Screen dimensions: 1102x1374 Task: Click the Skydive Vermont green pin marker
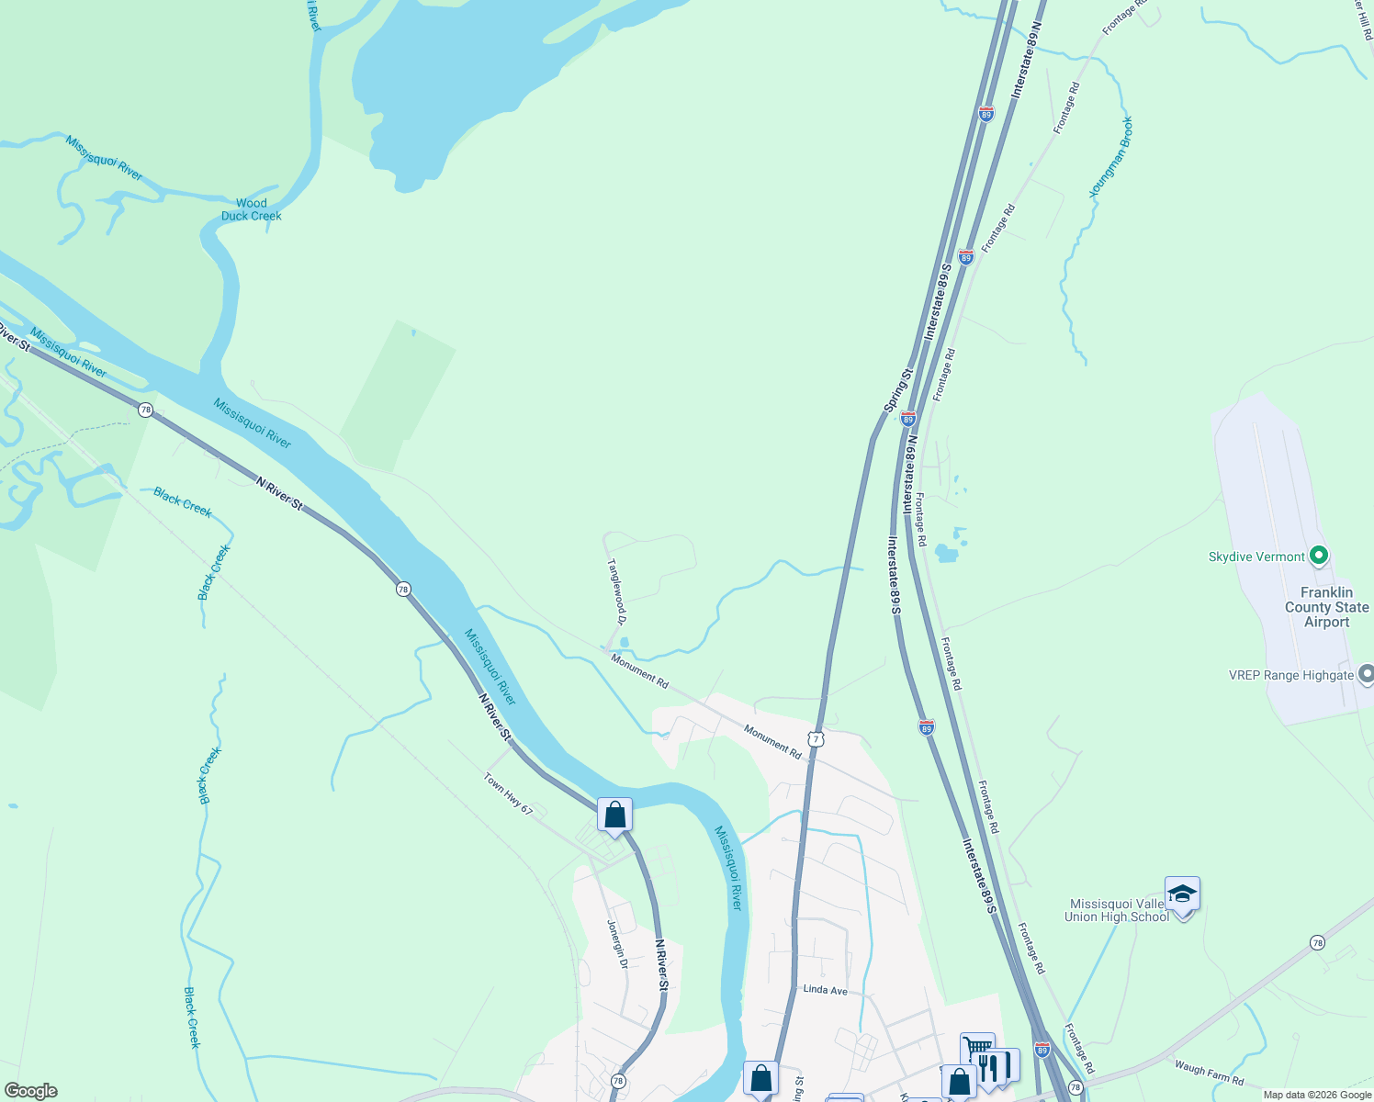pyautogui.click(x=1319, y=556)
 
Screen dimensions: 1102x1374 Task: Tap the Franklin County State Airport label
pyautogui.click(x=1326, y=607)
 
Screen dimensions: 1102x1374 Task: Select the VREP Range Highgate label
pyautogui.click(x=1290, y=676)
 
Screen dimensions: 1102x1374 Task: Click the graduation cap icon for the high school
pyautogui.click(x=1182, y=894)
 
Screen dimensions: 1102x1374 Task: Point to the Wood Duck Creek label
pyautogui.click(x=251, y=209)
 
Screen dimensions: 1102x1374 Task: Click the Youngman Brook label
pyautogui.click(x=1110, y=157)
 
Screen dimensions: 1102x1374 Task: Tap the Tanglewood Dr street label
pyautogui.click(x=616, y=592)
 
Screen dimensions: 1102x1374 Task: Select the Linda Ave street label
pyautogui.click(x=825, y=990)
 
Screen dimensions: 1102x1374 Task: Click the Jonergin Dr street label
pyautogui.click(x=618, y=945)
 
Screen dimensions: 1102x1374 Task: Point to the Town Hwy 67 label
pyautogui.click(x=508, y=793)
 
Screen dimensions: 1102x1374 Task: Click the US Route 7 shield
pyautogui.click(x=817, y=738)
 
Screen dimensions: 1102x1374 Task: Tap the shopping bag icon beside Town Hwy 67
pyautogui.click(x=614, y=815)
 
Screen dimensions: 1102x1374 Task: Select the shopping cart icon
pyautogui.click(x=977, y=1049)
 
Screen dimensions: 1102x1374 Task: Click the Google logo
pyautogui.click(x=30, y=1091)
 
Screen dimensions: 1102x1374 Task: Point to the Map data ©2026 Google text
pyautogui.click(x=1316, y=1095)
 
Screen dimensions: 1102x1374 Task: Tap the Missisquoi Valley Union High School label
pyautogui.click(x=1116, y=910)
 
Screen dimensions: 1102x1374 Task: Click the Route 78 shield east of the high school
pyautogui.click(x=1318, y=943)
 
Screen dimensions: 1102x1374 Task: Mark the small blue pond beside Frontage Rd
pyautogui.click(x=945, y=553)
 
